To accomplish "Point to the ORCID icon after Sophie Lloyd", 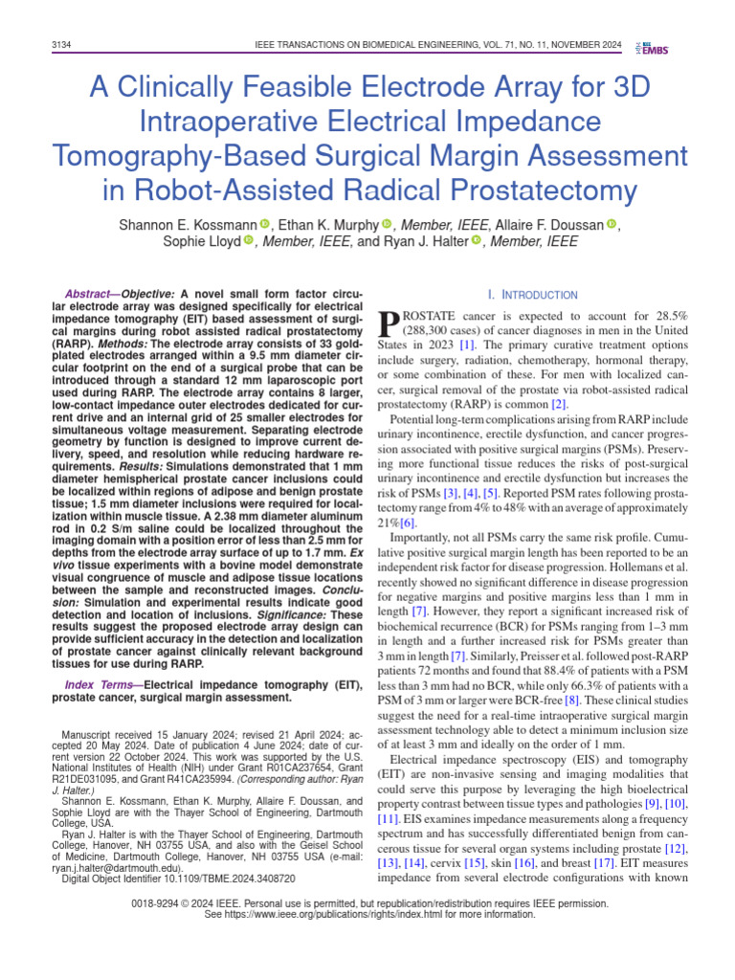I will (248, 242).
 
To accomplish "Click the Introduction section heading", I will (532, 295).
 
